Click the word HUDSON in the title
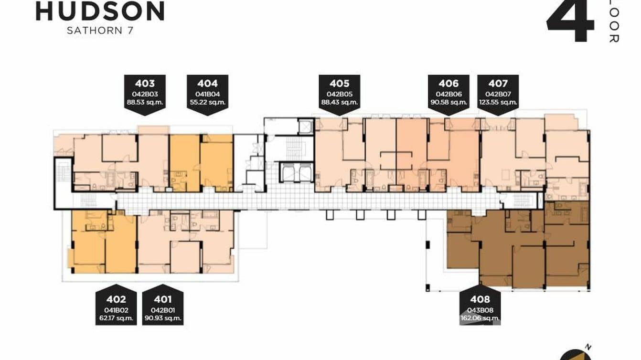[100, 11]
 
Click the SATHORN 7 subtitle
[100, 30]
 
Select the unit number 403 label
[144, 84]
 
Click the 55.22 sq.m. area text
[207, 102]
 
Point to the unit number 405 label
[339, 84]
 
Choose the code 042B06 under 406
[449, 95]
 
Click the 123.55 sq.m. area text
[498, 102]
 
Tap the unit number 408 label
[480, 299]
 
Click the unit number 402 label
[116, 299]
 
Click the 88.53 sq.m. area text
[144, 102]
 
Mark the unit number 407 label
[498, 84]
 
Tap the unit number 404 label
[207, 84]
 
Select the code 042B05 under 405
[339, 95]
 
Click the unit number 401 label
[163, 299]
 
